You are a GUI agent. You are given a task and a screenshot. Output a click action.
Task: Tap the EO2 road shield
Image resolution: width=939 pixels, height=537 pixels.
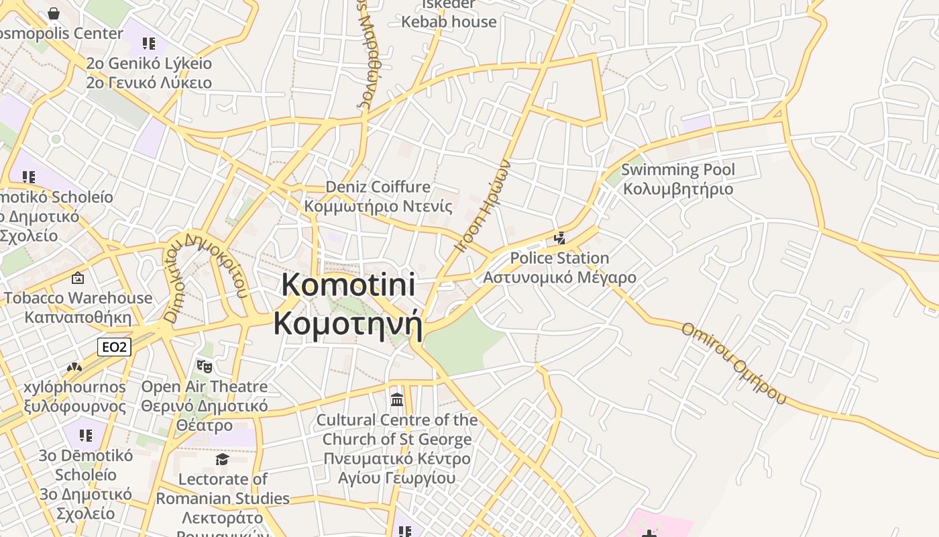tap(114, 346)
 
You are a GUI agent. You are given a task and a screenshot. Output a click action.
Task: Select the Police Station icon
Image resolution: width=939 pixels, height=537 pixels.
tap(559, 238)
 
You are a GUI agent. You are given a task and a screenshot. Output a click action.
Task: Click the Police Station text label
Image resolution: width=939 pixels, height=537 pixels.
tap(559, 267)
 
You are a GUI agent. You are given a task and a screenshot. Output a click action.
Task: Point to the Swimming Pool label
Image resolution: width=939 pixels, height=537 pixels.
tap(678, 179)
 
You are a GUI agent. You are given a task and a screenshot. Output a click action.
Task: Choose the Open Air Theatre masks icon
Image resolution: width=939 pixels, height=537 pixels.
tap(204, 367)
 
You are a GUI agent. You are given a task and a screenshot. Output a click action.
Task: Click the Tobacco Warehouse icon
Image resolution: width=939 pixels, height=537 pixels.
tap(78, 277)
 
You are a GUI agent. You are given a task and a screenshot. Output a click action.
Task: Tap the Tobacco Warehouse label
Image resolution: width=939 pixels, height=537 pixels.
tap(78, 307)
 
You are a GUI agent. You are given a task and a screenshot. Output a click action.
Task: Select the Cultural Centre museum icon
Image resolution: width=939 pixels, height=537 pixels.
tap(397, 399)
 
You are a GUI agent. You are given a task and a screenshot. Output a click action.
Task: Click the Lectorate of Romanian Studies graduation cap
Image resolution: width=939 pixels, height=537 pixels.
tap(222, 459)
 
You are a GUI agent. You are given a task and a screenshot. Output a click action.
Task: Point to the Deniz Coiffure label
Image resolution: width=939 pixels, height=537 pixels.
tap(378, 196)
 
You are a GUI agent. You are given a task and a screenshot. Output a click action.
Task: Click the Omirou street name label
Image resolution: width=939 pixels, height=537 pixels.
tap(733, 362)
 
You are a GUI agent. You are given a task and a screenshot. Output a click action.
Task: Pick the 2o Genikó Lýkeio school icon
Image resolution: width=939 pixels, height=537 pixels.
tap(149, 44)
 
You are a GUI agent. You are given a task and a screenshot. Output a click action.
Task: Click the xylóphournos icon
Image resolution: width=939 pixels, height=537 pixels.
tap(74, 368)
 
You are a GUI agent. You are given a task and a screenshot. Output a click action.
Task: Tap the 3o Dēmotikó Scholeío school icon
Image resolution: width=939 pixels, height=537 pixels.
tap(86, 436)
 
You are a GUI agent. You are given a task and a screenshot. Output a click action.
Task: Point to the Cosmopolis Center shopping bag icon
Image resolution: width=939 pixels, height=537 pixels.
tap(54, 13)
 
